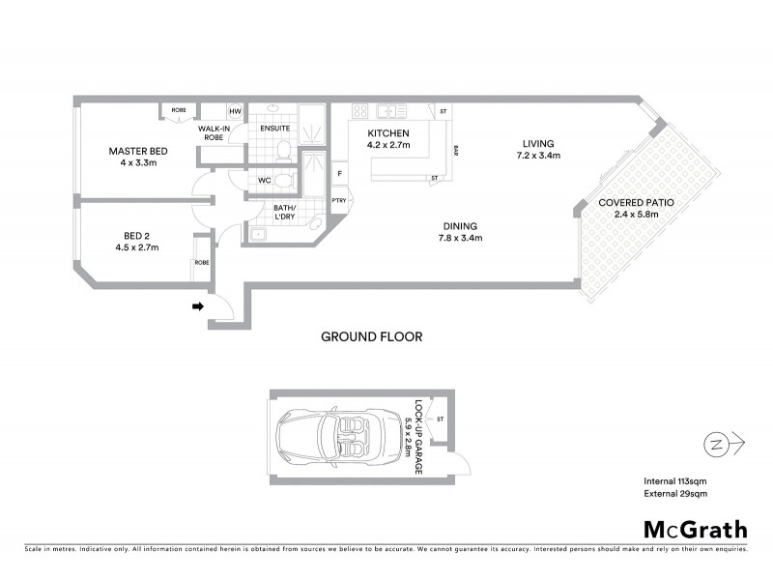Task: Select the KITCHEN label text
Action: tap(388, 133)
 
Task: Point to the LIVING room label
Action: tap(538, 144)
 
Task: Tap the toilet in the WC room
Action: tap(281, 180)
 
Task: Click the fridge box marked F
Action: tap(339, 174)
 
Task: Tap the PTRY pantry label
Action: tap(339, 200)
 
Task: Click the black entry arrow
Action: tap(197, 307)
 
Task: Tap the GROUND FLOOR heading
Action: tap(372, 336)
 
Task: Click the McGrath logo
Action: tap(696, 529)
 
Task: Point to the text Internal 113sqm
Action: tap(675, 481)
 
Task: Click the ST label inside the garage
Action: tap(440, 419)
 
